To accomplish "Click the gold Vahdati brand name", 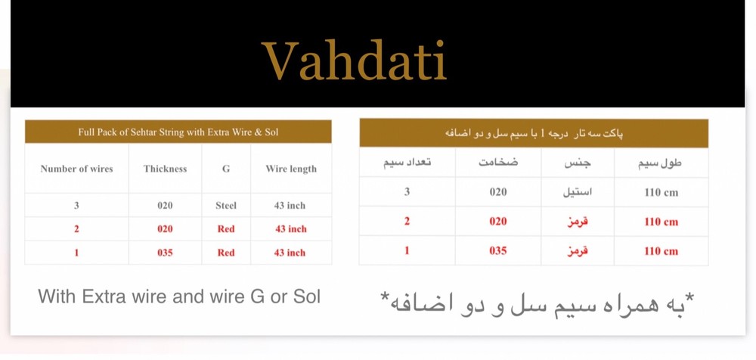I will coord(354,61).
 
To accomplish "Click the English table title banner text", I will coord(178,132).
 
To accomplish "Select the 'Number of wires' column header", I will coord(76,169).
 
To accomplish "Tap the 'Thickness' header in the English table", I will coord(165,169).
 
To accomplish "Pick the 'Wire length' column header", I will coord(290,169).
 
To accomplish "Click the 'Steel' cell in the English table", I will coord(225,205).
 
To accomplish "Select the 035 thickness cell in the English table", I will coord(165,253).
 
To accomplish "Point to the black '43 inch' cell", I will coord(290,205).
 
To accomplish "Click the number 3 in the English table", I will coord(76,205).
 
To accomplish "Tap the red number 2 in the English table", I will coord(76,228).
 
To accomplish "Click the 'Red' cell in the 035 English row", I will coord(225,253).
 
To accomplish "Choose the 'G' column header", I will coord(225,169).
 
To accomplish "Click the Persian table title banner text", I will coord(534,133).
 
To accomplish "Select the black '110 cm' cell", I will coord(661,192).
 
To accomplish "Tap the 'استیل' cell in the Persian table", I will coord(578,192).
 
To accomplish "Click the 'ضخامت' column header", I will coord(497,163).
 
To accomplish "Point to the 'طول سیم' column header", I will coord(661,163).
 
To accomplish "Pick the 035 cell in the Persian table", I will coord(497,250).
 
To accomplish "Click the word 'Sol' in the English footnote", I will coord(306,296).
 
